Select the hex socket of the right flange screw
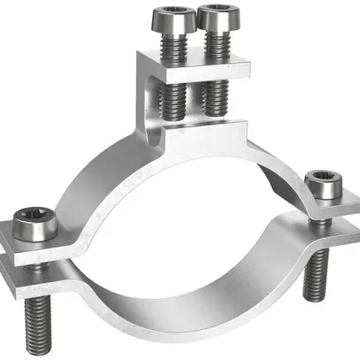(322, 179)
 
